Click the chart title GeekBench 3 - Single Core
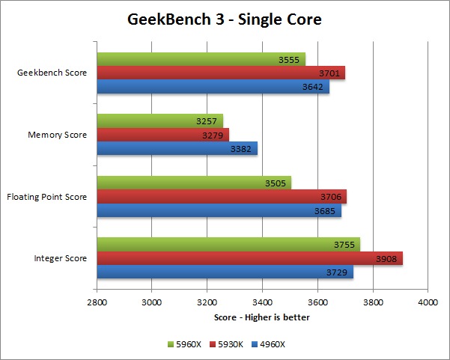click(225, 19)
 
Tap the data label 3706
click(330, 197)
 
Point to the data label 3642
click(313, 87)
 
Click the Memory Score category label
click(57, 135)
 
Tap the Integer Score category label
click(60, 258)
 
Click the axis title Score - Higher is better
click(261, 317)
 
